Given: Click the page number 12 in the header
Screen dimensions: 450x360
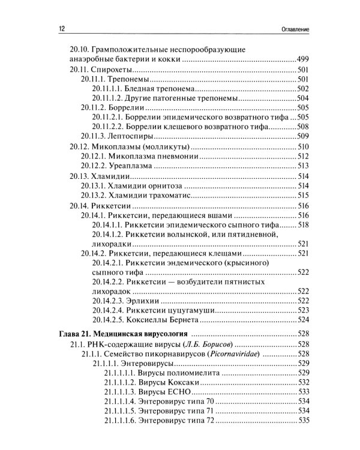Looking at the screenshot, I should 55,28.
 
